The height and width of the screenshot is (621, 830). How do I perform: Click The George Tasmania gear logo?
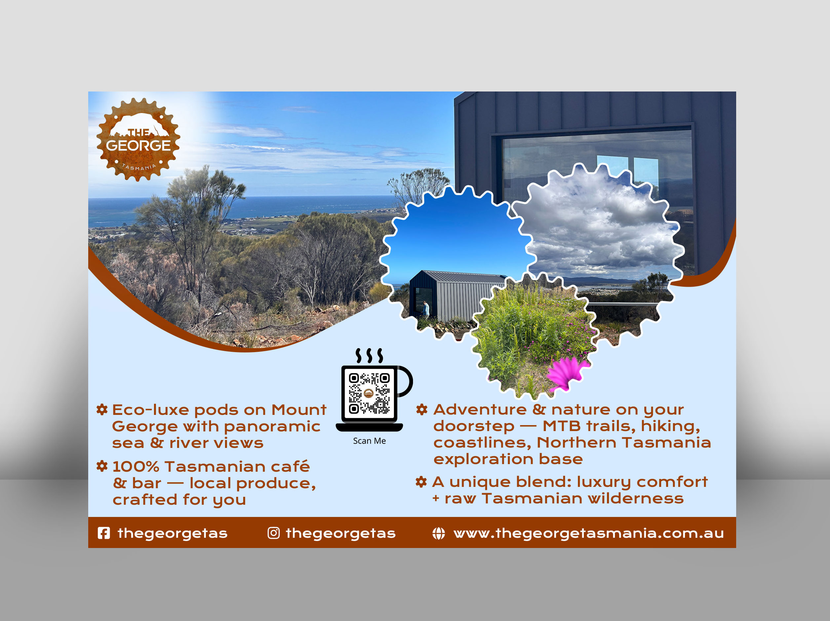pyautogui.click(x=138, y=140)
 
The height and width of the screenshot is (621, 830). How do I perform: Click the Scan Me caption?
pyautogui.click(x=369, y=441)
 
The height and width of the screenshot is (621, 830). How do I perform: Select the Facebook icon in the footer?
pyautogui.click(x=103, y=533)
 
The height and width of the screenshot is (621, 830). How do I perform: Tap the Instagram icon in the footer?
pyautogui.click(x=274, y=533)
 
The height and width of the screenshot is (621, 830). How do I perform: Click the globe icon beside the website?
pyautogui.click(x=438, y=533)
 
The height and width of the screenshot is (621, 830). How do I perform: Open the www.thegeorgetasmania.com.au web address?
pyautogui.click(x=588, y=533)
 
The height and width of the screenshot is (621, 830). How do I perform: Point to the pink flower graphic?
pyautogui.click(x=566, y=373)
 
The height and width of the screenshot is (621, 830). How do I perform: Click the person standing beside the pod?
pyautogui.click(x=426, y=309)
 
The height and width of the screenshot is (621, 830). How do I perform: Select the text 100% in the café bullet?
pyautogui.click(x=136, y=467)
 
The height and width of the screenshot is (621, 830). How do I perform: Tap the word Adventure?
pyautogui.click(x=479, y=409)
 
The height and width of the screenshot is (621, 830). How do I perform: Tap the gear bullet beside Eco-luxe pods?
pyautogui.click(x=102, y=409)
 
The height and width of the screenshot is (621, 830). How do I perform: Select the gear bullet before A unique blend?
pyautogui.click(x=421, y=482)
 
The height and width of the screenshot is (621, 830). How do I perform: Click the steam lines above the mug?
pyautogui.click(x=369, y=355)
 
